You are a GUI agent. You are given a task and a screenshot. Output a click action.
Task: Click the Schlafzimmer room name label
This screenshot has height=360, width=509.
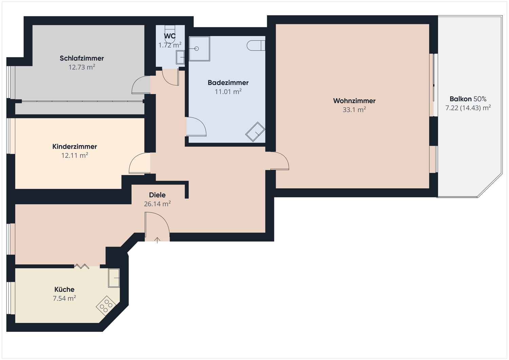(x=82, y=58)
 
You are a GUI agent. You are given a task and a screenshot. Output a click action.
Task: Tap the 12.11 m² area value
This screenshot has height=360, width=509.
(x=75, y=156)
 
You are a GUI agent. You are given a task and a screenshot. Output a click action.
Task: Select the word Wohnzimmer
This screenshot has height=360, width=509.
(x=354, y=101)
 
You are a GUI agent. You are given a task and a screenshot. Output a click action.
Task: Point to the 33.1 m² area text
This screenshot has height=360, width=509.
(x=354, y=110)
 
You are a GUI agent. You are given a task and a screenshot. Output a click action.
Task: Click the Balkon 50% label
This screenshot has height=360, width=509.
(x=468, y=99)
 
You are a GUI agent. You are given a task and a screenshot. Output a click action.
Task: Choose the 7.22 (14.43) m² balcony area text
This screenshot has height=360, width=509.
(x=468, y=108)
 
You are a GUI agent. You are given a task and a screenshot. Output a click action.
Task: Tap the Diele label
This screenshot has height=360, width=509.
(x=157, y=195)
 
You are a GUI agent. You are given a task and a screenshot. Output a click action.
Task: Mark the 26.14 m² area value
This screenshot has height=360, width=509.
(x=157, y=204)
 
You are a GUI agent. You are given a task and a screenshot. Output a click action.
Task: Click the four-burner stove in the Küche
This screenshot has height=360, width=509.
(x=106, y=306)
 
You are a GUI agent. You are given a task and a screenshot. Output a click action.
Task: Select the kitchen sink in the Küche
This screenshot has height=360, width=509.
(x=114, y=278)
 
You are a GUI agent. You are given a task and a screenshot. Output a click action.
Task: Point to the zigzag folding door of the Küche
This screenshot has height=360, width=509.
(x=82, y=266)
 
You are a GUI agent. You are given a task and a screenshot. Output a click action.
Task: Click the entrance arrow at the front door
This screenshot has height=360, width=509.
(x=157, y=240)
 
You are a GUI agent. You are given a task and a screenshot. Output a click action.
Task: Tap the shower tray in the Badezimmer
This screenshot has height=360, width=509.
(x=199, y=49)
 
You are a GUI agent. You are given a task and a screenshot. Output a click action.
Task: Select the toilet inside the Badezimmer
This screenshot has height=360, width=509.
(x=256, y=45)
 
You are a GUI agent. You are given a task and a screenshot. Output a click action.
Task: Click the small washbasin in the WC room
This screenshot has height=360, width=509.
(x=180, y=57)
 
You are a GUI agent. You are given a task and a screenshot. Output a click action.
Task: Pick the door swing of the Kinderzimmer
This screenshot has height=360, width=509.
(x=139, y=164)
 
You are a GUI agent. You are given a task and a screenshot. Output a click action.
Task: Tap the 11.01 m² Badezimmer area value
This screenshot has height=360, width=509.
(x=228, y=92)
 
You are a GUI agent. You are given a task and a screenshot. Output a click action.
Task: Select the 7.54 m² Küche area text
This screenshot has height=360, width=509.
(x=64, y=299)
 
